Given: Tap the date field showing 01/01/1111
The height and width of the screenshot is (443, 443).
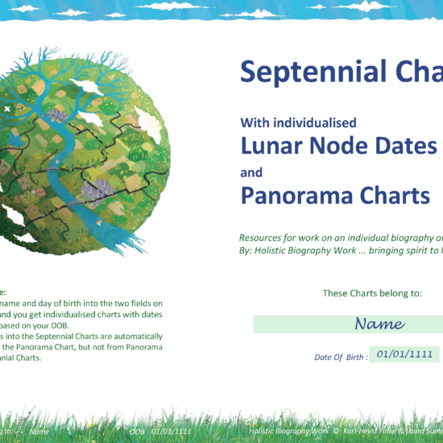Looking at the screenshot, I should (x=404, y=354).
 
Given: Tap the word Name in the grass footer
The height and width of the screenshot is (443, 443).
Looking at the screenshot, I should (x=39, y=432).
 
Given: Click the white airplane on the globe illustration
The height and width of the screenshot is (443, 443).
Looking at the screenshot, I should (x=8, y=108).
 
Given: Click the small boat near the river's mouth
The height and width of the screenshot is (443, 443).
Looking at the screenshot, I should (x=99, y=223).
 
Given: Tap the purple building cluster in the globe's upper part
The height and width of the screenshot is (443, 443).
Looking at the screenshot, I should (x=57, y=115).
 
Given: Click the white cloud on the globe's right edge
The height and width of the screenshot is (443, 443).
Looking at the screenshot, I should (x=149, y=125).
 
